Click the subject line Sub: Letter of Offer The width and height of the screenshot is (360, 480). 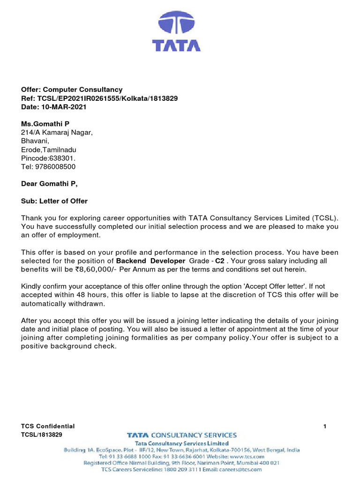[54, 201]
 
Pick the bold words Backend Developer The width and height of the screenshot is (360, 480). [150, 261]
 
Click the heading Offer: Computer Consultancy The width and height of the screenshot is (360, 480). [72, 90]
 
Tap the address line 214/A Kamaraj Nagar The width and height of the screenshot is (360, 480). [57, 132]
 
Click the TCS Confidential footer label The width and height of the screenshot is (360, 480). [48, 426]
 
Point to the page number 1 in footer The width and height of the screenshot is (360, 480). [325, 426]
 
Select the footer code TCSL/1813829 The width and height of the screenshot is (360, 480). [42, 435]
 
